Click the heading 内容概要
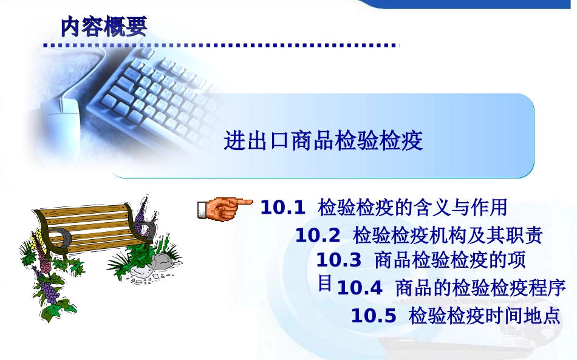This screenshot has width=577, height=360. [x=104, y=26]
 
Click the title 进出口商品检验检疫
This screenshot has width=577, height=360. [x=323, y=140]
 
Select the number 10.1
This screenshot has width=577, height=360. [x=282, y=208]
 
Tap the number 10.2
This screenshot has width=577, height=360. [x=318, y=236]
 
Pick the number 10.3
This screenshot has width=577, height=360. [x=338, y=260]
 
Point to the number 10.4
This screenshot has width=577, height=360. [x=360, y=288]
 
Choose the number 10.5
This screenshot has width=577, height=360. [x=374, y=316]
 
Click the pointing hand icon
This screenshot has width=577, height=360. [x=225, y=209]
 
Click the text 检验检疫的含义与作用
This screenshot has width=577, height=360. [x=412, y=207]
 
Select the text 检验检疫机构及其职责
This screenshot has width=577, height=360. [x=448, y=236]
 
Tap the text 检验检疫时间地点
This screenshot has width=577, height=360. [x=484, y=316]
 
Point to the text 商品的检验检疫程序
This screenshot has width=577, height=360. [x=480, y=288]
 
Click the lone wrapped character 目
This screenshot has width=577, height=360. [x=325, y=283]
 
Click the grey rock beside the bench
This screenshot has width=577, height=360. [x=163, y=262]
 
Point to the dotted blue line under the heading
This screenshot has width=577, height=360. [x=221, y=46]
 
